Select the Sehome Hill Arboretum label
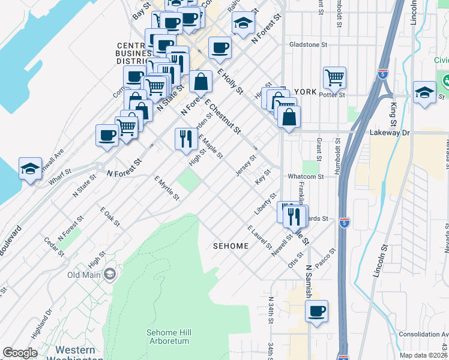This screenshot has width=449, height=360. tap(169, 337)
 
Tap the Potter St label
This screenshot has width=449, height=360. tap(334, 95)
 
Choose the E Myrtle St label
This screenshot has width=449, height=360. tap(166, 188)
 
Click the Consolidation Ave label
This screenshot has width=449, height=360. tap(423, 334)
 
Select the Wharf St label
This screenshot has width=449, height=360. tap(60, 178)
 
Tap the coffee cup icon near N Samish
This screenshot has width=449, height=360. tap(316, 311)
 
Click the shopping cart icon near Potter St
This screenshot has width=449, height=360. tap(334, 77)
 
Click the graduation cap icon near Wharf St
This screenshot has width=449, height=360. tap(30, 169)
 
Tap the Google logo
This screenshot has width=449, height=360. tap(20, 353)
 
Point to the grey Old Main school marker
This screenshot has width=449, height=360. tap(109, 275)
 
